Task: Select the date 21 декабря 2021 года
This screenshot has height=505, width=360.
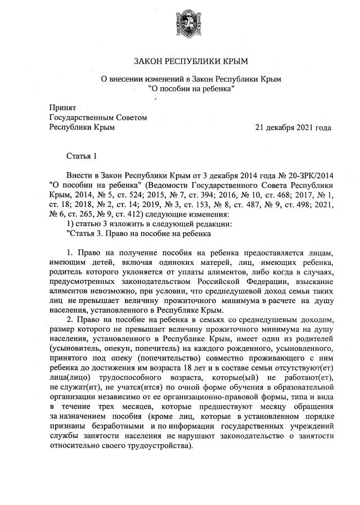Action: coord(292,128)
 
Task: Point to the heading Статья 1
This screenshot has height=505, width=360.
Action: coord(82,155)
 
